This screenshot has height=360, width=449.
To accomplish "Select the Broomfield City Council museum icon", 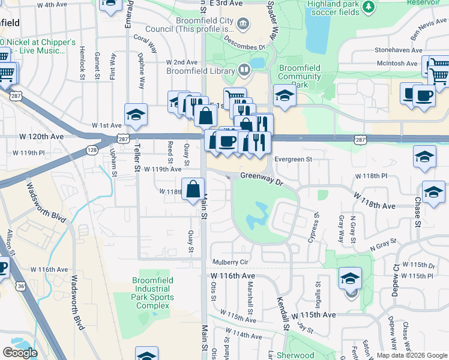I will click(243, 25).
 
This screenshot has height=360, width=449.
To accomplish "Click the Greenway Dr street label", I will click(261, 176).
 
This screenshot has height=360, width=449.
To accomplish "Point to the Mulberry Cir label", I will click(231, 262).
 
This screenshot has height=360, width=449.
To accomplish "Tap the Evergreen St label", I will click(294, 159).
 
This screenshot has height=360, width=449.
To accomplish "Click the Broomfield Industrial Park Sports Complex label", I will click(153, 293).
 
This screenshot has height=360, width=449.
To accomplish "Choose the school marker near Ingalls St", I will click(350, 278).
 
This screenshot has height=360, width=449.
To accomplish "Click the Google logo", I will click(20, 352).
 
